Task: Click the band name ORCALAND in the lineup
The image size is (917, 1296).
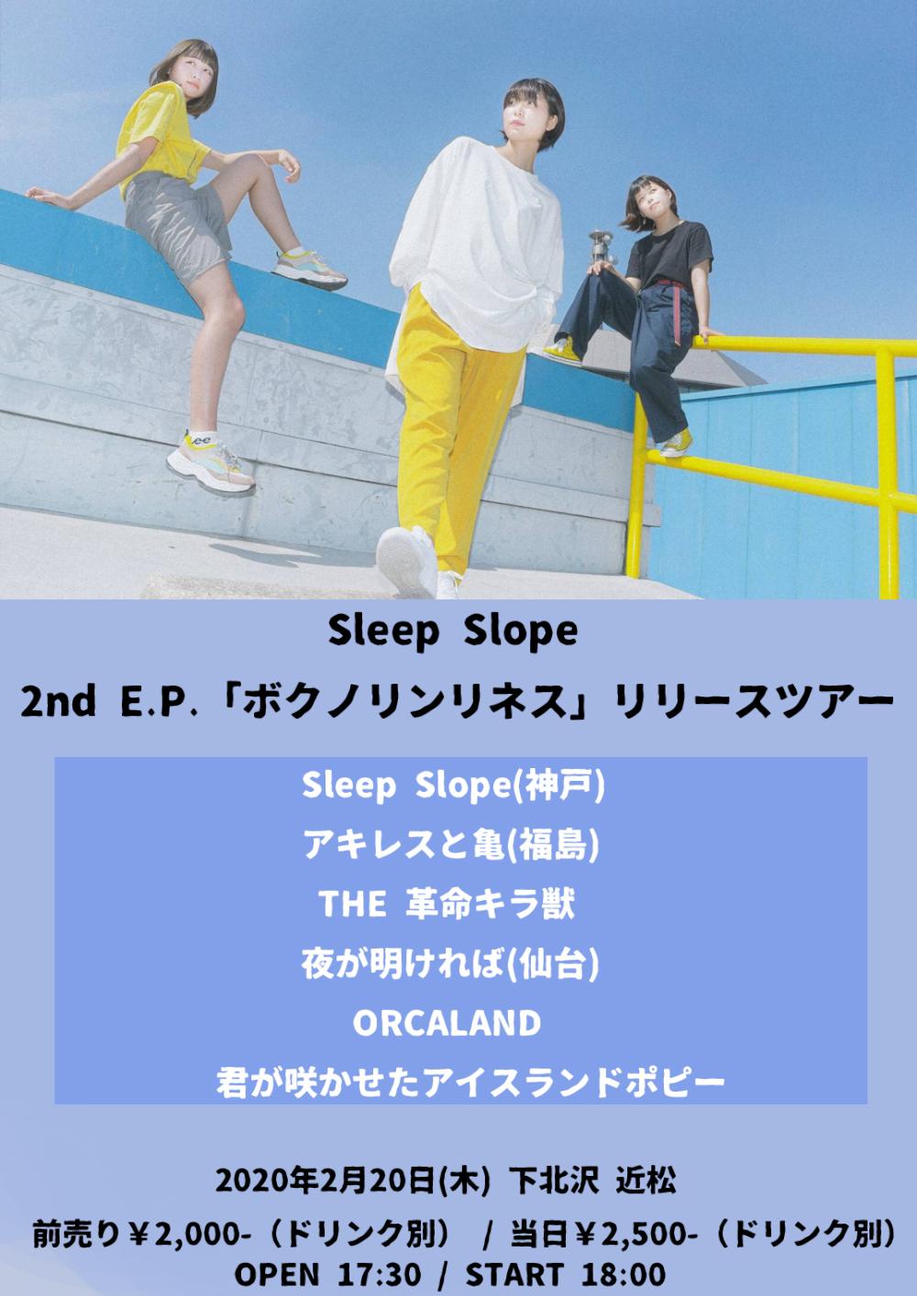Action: point(447,1023)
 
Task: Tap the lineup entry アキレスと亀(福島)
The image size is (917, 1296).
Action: point(451,845)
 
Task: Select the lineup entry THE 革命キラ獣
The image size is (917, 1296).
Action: point(447,905)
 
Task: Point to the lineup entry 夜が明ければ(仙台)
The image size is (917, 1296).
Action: point(450,964)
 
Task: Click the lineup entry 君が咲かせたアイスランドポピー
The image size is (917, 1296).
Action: point(470,1082)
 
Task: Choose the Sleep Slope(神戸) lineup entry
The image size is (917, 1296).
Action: point(453,785)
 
